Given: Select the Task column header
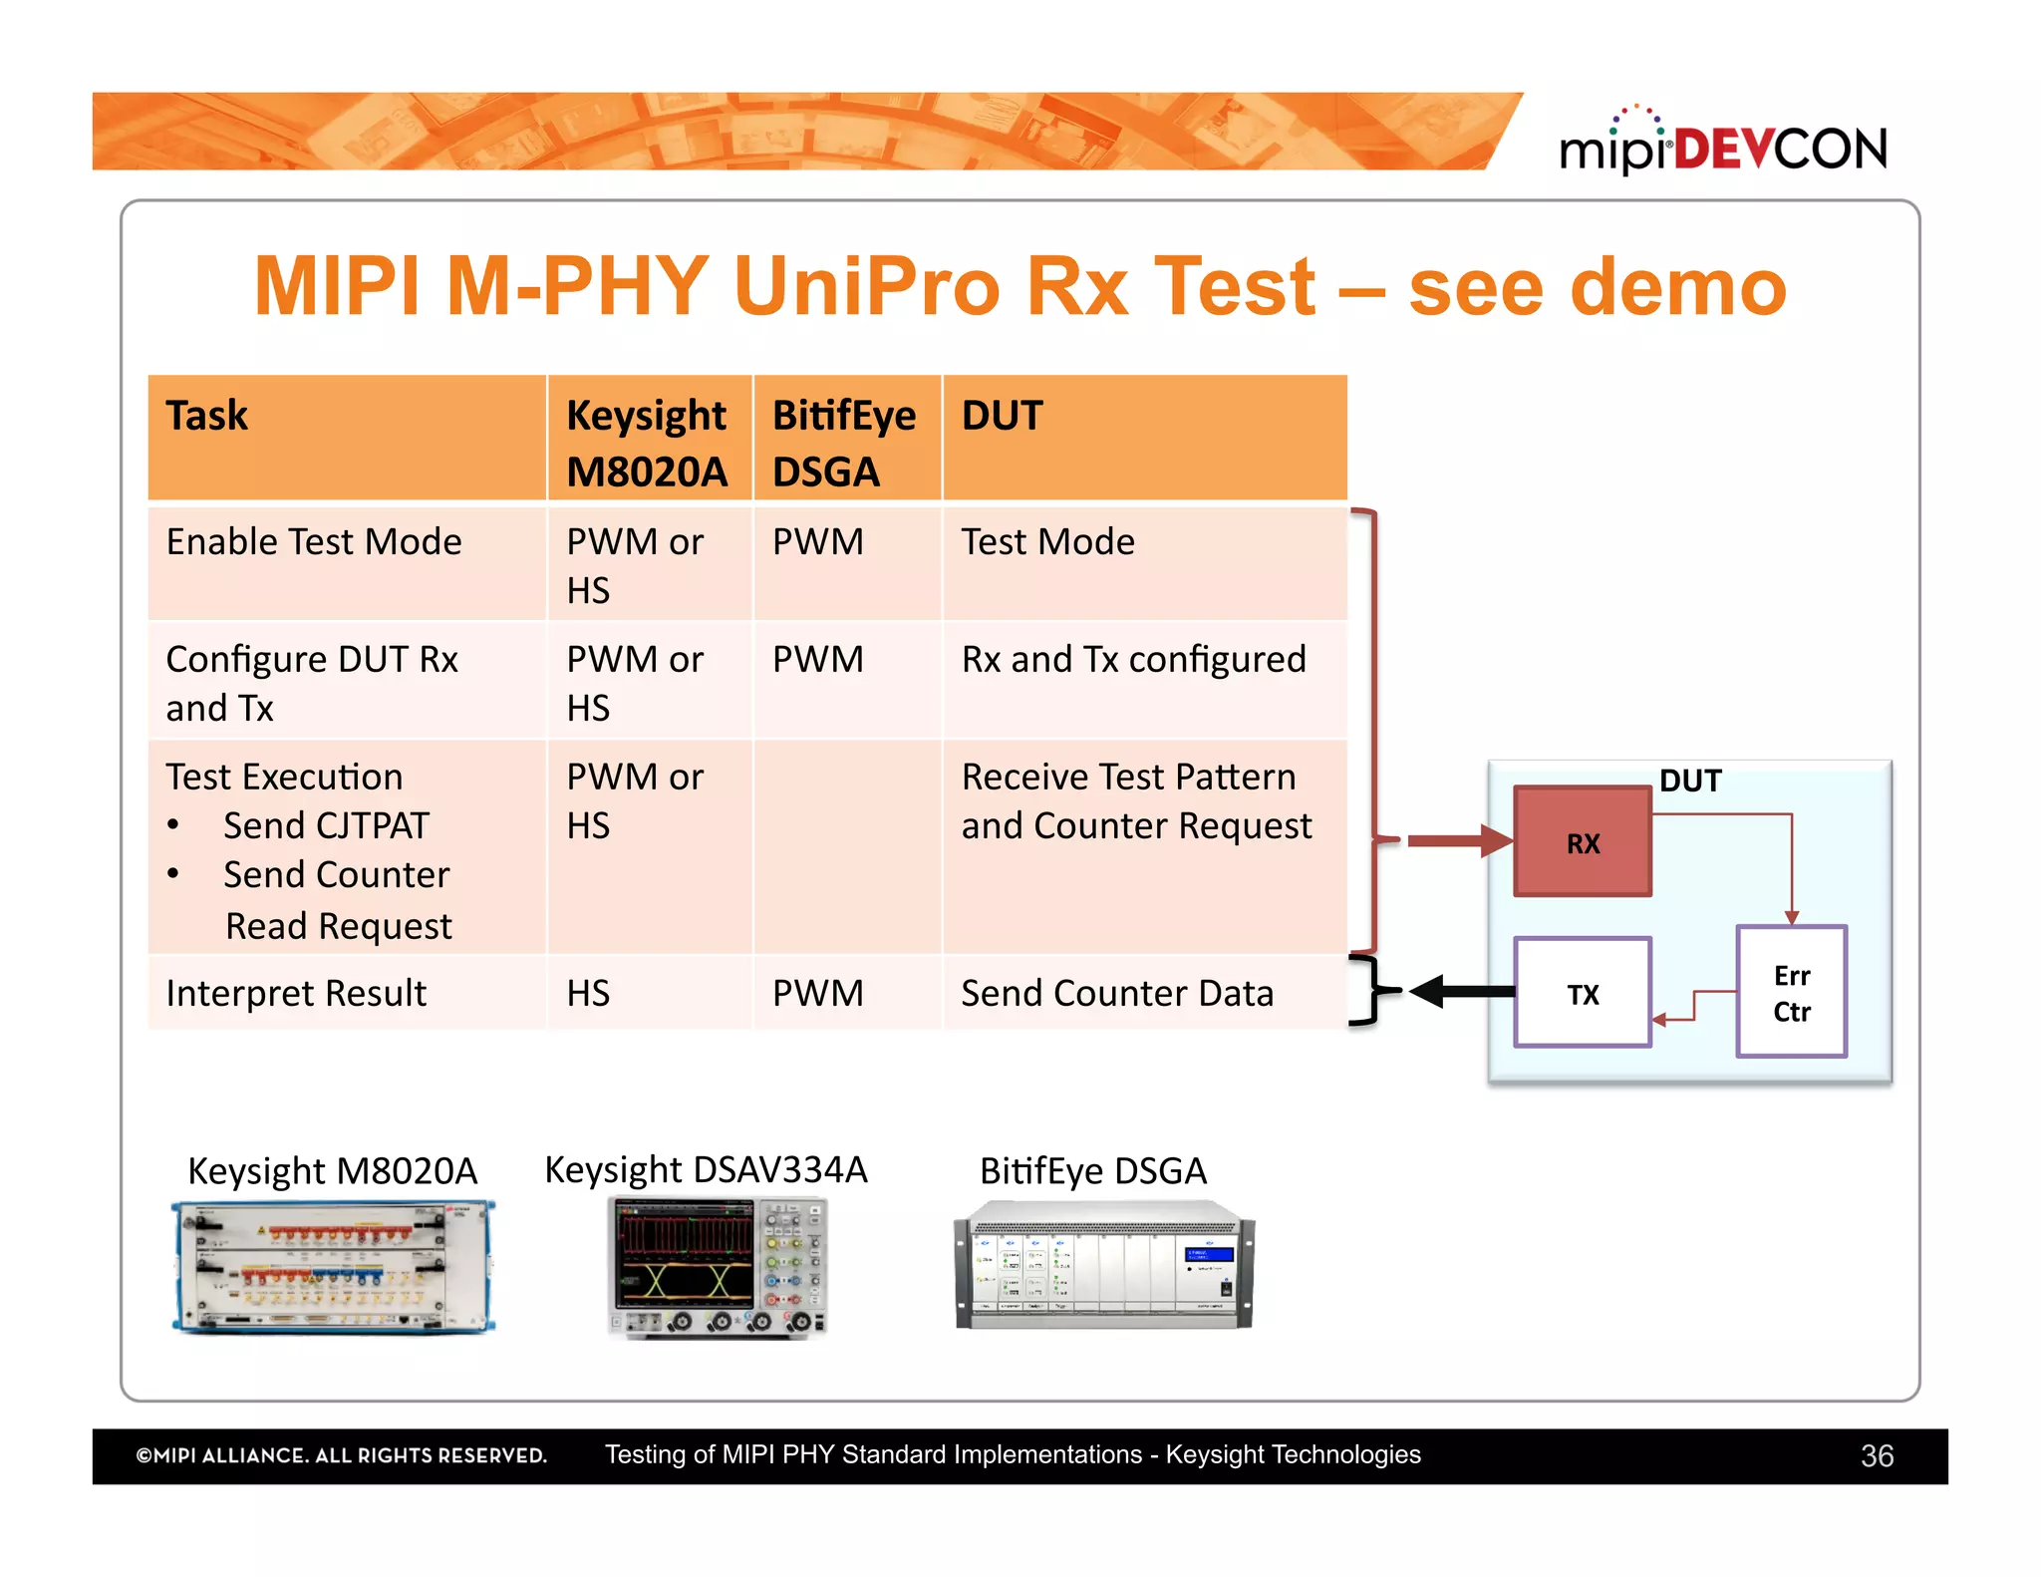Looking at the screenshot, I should pos(207,416).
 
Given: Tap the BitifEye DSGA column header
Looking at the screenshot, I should pos(843,442).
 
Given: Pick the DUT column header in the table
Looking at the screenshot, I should pos(1002,416).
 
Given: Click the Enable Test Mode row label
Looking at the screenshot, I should pos(314,542).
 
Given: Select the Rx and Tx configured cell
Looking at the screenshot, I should pos(1133,660).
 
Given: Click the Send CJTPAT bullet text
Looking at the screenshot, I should pos(326,825).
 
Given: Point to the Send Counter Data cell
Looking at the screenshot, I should pos(1116,994).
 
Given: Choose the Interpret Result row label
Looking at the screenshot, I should pos(296,994).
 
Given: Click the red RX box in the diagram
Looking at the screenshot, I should pos(1582,842).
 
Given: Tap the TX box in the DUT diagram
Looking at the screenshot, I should pos(1582,993).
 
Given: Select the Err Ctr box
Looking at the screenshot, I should pos(1791,993).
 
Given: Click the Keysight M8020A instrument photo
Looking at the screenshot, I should pos(333,1267).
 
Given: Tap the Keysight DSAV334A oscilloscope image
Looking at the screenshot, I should pos(717,1267).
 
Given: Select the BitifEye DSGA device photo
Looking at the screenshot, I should pos(1103,1266).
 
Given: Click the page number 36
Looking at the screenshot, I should pos(1876,1456).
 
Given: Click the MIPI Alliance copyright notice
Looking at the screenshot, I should pos(341,1456).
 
